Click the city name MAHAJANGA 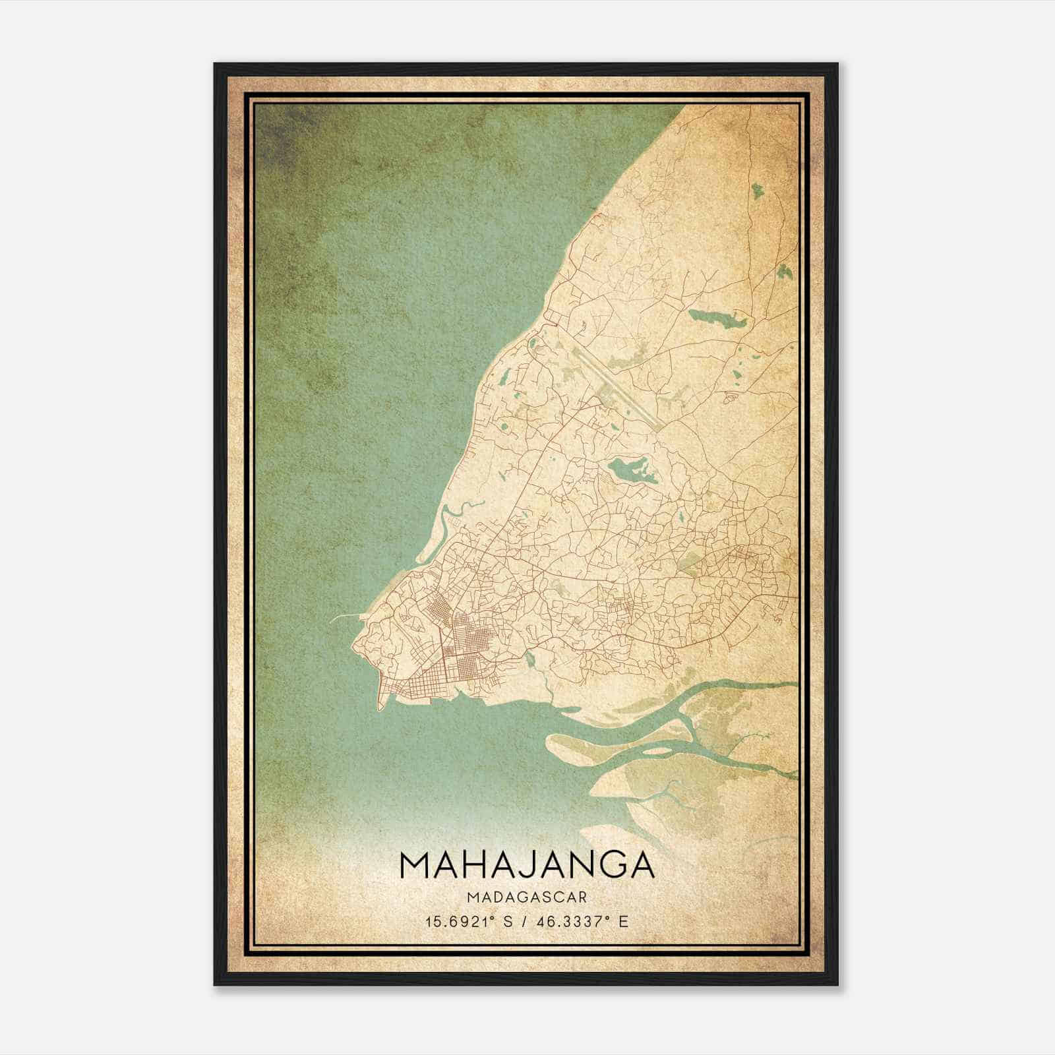click(x=527, y=865)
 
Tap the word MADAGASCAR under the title click(x=527, y=897)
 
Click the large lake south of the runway click(x=626, y=470)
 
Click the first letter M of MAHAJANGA click(x=413, y=865)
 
